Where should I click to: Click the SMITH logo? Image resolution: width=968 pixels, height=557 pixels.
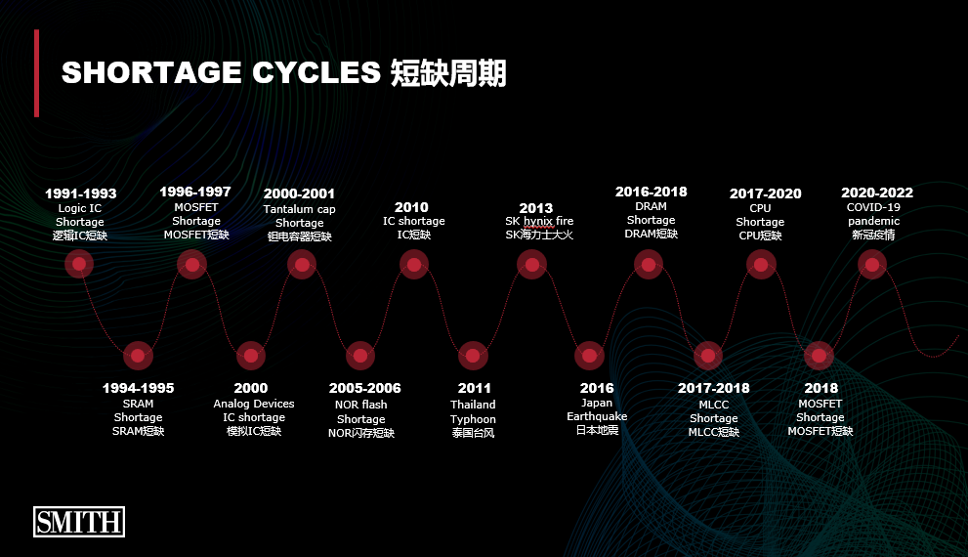[79, 522]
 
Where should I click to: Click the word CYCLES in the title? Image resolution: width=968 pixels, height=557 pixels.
[316, 72]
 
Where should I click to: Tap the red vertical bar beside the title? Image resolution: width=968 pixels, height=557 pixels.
[37, 73]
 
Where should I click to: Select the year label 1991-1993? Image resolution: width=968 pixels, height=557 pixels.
[81, 193]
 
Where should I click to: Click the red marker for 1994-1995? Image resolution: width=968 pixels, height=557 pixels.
[138, 356]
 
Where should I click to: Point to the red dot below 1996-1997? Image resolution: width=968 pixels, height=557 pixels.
[192, 265]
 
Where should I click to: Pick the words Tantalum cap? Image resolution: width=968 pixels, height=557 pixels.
[300, 209]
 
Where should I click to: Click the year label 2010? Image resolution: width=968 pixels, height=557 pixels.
[411, 207]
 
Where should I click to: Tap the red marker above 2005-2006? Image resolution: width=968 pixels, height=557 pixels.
[360, 356]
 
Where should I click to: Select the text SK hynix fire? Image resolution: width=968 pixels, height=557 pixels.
[539, 221]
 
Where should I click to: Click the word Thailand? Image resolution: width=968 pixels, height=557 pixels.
[473, 405]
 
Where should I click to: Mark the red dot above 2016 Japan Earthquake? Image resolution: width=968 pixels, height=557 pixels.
[590, 356]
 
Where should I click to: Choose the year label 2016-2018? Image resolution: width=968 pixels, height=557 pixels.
[652, 192]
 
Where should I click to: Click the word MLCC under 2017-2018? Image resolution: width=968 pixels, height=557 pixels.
[714, 405]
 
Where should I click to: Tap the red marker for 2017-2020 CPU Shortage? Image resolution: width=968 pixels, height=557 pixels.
[761, 265]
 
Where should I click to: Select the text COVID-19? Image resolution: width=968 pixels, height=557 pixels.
[873, 207]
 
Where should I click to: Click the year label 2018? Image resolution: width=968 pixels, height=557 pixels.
[821, 388]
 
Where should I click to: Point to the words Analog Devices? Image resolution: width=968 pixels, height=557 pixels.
[254, 404]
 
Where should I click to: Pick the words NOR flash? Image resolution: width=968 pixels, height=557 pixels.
[361, 405]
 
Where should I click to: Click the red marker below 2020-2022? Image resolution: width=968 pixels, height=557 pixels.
[872, 265]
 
